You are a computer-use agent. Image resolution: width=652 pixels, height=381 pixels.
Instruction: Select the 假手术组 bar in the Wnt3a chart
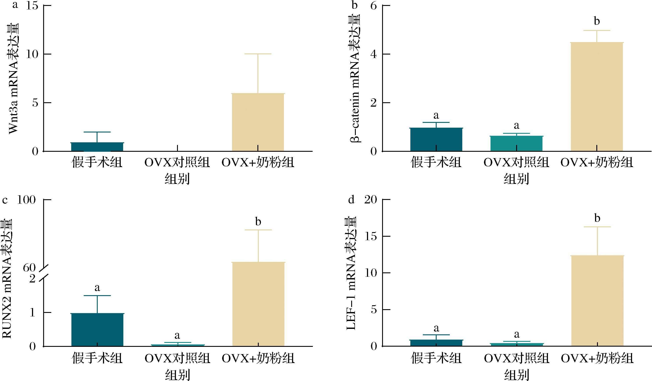click(x=97, y=147)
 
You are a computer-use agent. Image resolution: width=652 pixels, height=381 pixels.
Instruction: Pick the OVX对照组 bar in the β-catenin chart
click(x=516, y=144)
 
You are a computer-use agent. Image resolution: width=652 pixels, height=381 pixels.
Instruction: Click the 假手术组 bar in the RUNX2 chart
click(x=97, y=330)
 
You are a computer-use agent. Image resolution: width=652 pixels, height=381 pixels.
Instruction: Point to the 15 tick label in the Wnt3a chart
click(x=32, y=6)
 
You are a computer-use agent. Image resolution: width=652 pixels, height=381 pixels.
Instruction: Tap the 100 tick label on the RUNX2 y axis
click(x=26, y=200)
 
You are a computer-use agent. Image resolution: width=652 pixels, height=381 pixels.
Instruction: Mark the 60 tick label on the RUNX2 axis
click(x=29, y=268)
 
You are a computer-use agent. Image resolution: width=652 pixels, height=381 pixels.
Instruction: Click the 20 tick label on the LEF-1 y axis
click(x=370, y=200)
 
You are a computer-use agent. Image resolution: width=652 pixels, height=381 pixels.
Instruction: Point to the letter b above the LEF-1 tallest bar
click(x=597, y=218)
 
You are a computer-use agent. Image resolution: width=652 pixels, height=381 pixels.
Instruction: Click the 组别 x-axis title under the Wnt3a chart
click(x=177, y=178)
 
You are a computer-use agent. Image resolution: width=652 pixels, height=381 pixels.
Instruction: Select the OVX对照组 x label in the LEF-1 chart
click(x=516, y=358)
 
